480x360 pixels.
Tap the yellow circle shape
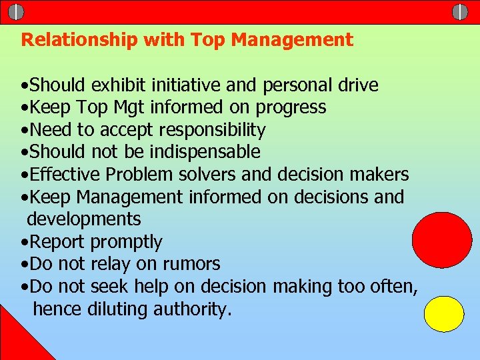pyautogui.click(x=444, y=314)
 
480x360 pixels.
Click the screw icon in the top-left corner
pyautogui.click(x=16, y=12)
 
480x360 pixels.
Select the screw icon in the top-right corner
pyautogui.click(x=460, y=11)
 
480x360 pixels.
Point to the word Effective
pyautogui.click(x=65, y=175)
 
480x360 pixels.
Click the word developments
pyautogui.click(x=84, y=219)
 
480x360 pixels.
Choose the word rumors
pyautogui.click(x=189, y=264)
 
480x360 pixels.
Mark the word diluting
pyautogui.click(x=117, y=309)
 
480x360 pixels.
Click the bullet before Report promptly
pyautogui.click(x=24, y=242)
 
